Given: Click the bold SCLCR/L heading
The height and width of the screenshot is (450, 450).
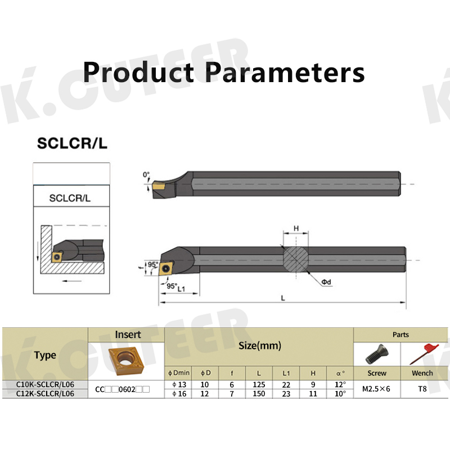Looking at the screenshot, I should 71,143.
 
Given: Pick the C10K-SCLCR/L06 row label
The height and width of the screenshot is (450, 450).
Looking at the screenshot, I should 45,384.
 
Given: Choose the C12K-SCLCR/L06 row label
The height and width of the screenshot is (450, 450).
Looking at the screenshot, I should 45,394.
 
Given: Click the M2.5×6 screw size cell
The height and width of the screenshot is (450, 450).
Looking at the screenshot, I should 376,389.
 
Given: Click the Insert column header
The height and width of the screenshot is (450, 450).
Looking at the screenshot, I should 128,335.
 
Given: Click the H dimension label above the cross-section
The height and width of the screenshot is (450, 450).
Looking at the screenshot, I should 296,229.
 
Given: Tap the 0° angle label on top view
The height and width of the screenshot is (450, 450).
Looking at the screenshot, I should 146,175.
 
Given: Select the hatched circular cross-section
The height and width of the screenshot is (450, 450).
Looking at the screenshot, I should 296,259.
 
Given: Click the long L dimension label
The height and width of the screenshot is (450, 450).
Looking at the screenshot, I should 283,299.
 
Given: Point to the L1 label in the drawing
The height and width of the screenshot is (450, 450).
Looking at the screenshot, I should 181,289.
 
